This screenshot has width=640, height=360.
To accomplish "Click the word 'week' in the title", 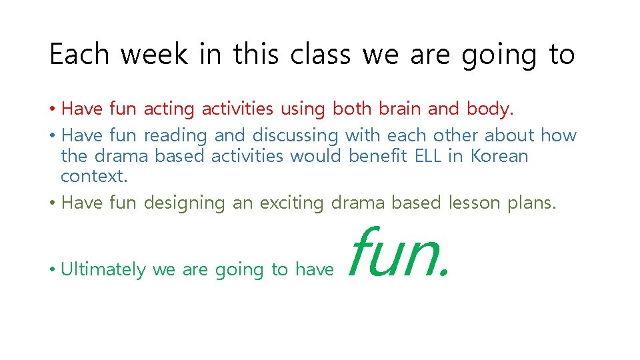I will (154, 55).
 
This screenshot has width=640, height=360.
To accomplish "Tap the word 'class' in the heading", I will (319, 55).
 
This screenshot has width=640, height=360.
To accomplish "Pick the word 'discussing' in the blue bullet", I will (295, 135).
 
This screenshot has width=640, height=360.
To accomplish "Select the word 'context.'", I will (93, 177).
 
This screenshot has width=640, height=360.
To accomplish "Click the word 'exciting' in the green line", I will (291, 203).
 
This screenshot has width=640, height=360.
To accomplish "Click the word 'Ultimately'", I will (103, 269).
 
